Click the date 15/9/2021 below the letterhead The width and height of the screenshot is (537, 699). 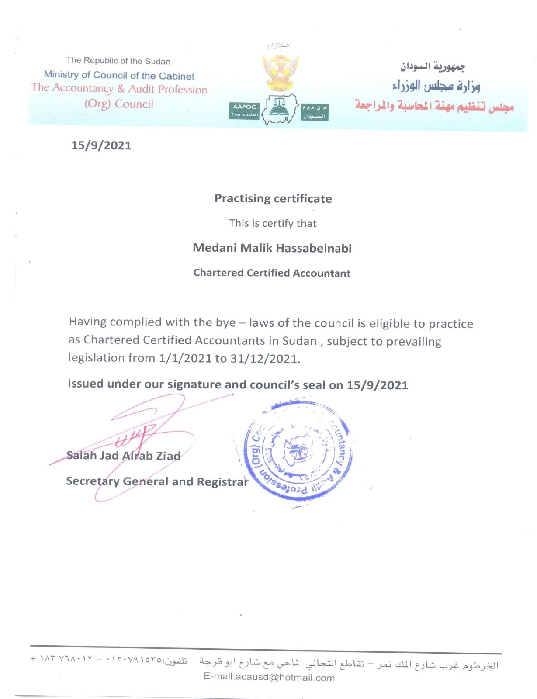point(101,145)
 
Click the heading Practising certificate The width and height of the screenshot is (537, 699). point(273,199)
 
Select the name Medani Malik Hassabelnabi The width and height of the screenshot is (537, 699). point(272,248)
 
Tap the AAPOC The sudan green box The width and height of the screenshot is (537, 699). point(244,111)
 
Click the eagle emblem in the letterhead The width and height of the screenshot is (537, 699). point(280,71)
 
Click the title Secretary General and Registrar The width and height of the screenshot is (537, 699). point(157,481)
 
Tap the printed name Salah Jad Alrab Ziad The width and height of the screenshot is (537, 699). point(124,456)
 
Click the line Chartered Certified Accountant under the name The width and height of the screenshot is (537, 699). point(272,273)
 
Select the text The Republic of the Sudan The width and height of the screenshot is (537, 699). point(118,61)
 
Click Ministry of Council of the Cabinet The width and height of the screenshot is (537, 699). point(119,75)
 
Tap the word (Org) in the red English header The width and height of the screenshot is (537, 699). point(97,104)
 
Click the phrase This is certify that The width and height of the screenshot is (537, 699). point(273,223)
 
